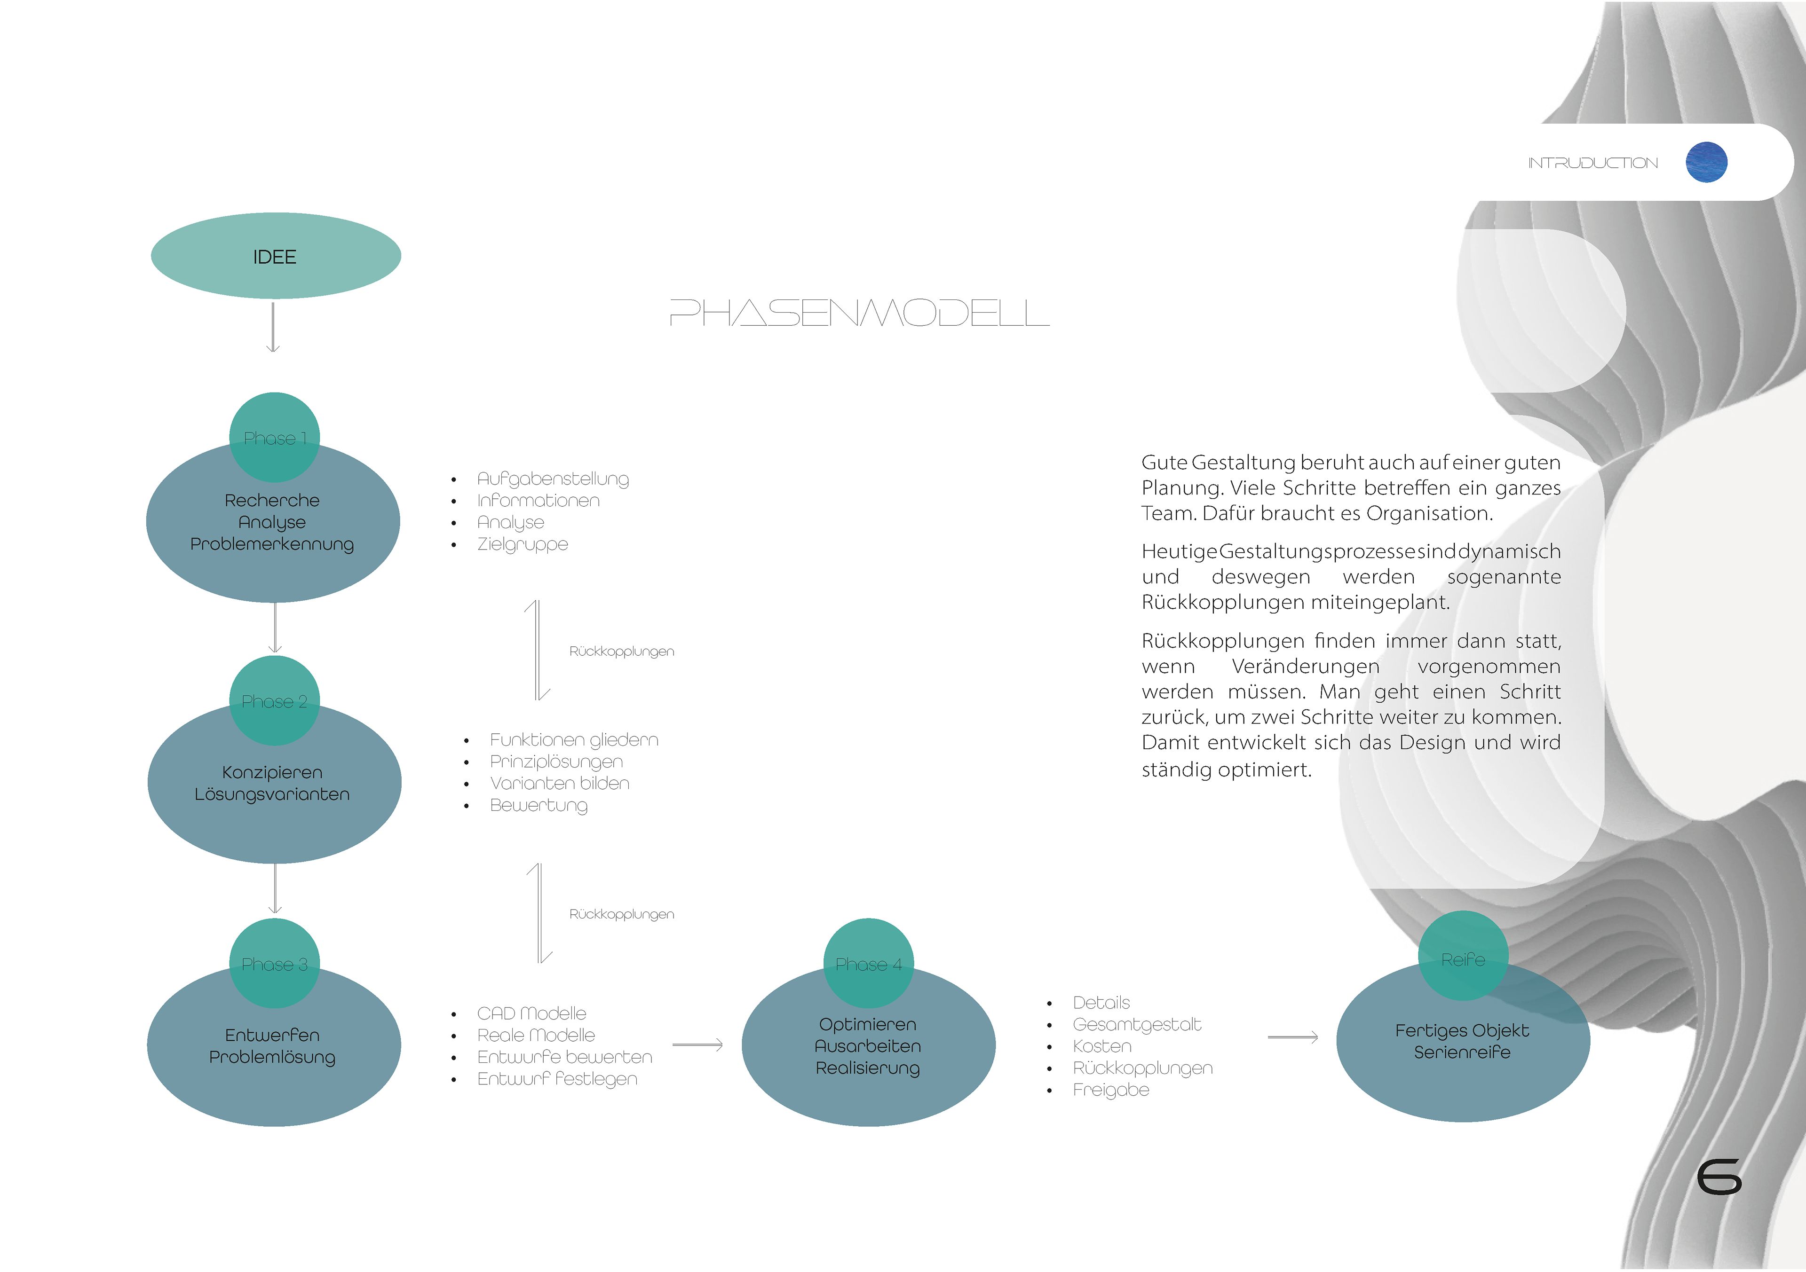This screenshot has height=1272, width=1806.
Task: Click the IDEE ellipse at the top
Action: point(275,256)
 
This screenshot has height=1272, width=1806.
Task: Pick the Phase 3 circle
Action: point(275,963)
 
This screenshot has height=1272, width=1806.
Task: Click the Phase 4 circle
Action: point(868,963)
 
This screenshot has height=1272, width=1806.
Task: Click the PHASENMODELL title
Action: point(859,313)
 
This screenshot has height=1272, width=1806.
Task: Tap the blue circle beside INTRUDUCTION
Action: point(1706,163)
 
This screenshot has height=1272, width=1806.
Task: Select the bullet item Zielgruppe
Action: point(523,544)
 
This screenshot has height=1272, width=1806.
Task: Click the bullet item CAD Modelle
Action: point(532,1013)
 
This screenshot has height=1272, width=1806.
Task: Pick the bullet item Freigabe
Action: point(1111,1090)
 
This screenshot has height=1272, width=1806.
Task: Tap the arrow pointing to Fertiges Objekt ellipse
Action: point(1292,1038)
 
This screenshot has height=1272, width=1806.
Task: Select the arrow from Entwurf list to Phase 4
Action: point(697,1045)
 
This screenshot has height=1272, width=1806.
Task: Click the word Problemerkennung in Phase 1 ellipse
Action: point(272,544)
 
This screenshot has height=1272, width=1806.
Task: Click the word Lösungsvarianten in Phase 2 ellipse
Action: point(272,794)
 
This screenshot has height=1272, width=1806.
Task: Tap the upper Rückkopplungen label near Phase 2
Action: point(621,651)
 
